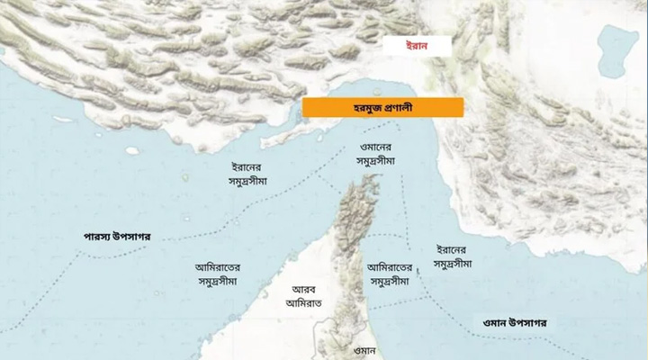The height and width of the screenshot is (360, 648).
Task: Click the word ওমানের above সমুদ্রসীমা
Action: pyautogui.click(x=375, y=145)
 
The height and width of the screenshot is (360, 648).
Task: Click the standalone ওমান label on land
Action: pyautogui.click(x=361, y=349)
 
